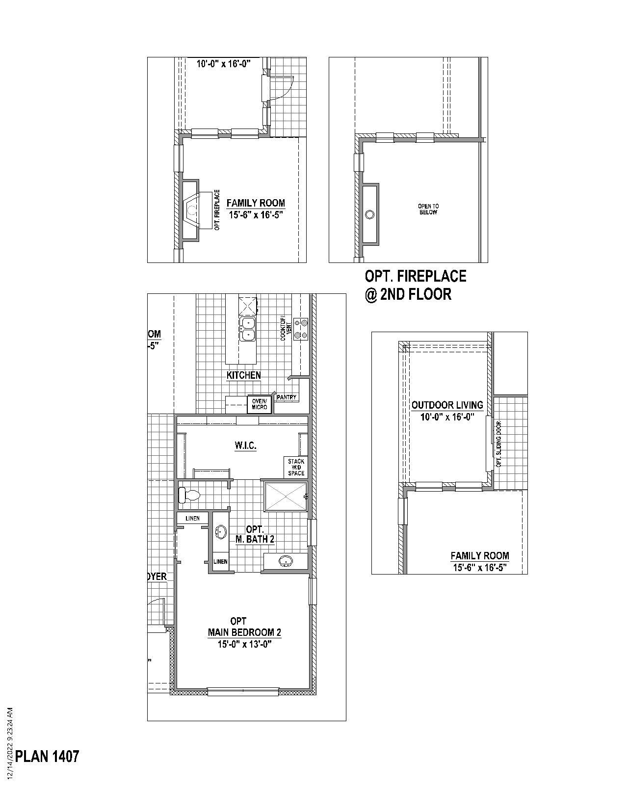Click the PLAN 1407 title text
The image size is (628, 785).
pos(47,756)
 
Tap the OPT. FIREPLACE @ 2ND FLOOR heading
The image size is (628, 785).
pos(415,285)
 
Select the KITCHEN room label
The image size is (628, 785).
pos(243,375)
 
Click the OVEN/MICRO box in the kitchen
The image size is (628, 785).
pos(260,404)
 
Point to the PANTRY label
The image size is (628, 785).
pos(287,397)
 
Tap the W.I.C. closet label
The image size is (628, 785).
pos(245,446)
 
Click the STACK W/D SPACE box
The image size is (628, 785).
pos(296,467)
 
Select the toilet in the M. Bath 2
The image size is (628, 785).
pos(189,495)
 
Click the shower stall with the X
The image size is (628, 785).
pos(286,497)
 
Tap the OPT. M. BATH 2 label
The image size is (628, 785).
pos(255,534)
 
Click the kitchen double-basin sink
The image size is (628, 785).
pos(248,329)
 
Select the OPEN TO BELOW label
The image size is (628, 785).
pos(428,209)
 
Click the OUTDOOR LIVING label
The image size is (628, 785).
pos(447,405)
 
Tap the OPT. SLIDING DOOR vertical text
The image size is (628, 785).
pos(499,444)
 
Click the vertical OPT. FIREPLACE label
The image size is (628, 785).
pos(217,210)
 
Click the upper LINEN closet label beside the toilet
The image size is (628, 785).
pos(192,519)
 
